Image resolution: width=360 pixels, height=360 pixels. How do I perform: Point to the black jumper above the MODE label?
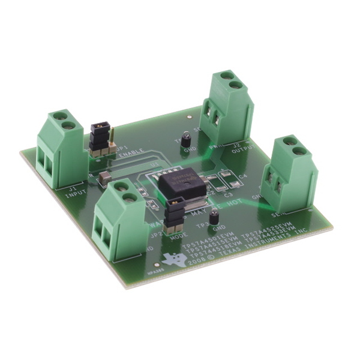point(173,214)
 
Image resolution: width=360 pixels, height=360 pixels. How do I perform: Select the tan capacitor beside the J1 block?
point(105,177)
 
